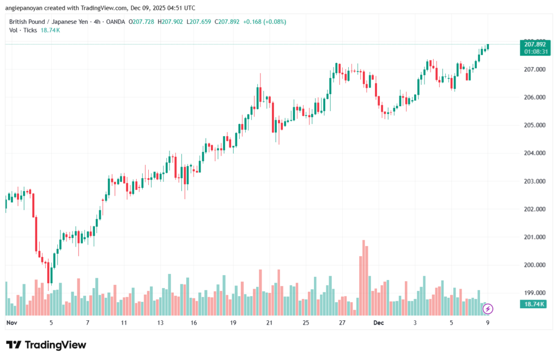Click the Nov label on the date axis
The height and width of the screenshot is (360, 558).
[11, 323]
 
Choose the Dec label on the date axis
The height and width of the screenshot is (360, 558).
[379, 323]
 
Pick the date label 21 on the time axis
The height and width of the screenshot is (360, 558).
[269, 323]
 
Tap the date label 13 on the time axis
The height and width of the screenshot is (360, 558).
[160, 323]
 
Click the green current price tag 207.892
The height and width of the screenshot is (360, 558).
[535, 44]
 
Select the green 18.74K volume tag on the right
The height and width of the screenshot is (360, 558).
[535, 304]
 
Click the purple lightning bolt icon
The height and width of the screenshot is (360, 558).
[488, 309]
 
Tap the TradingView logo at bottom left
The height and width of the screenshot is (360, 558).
[46, 345]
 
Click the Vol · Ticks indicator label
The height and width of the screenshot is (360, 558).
[23, 30]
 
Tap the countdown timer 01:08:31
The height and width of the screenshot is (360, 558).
[535, 51]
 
